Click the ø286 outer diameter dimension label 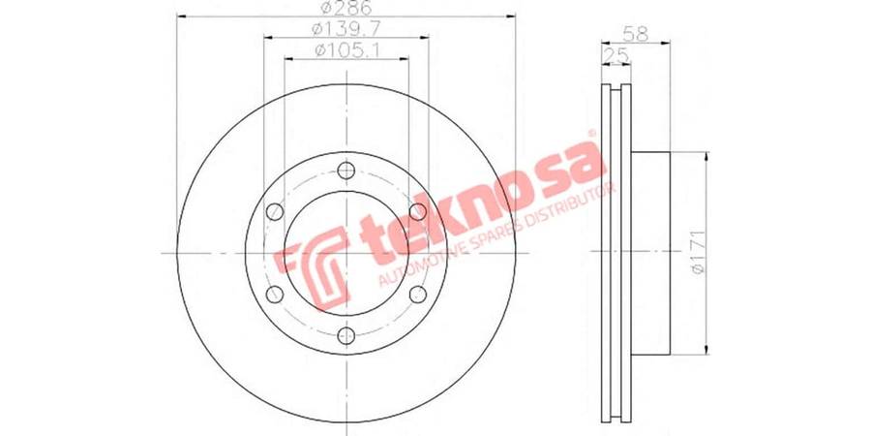point(346,8)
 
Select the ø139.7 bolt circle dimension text point(346,28)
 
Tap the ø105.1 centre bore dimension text point(346,49)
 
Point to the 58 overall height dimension point(636,33)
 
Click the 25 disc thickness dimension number point(616,54)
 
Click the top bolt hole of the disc point(346,171)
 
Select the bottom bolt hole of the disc point(346,335)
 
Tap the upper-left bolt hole point(275,211)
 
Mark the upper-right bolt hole point(418,211)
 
